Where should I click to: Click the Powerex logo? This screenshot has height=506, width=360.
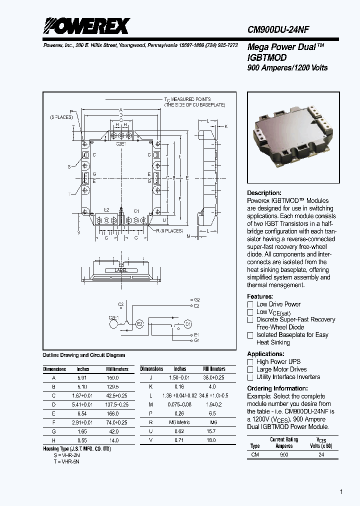(x=86, y=25)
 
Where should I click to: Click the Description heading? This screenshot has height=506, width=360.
(x=264, y=193)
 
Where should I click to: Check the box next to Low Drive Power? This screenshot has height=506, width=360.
(x=250, y=304)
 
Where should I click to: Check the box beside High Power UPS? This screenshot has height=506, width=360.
(x=250, y=362)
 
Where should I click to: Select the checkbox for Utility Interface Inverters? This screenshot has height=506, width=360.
(x=250, y=377)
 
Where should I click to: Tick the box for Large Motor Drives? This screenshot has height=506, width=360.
(x=250, y=369)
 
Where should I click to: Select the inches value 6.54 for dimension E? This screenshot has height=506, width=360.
(x=82, y=413)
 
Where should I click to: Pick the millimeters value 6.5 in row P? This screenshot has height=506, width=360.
(x=212, y=413)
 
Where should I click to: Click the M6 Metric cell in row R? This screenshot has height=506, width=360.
(x=180, y=422)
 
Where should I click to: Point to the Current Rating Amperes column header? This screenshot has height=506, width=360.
(x=284, y=442)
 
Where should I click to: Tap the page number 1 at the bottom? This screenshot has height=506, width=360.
(x=341, y=492)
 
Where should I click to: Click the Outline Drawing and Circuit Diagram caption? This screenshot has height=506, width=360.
(x=84, y=355)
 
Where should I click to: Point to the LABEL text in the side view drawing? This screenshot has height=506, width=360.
(x=121, y=270)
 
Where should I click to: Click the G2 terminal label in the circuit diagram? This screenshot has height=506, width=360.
(x=196, y=299)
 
